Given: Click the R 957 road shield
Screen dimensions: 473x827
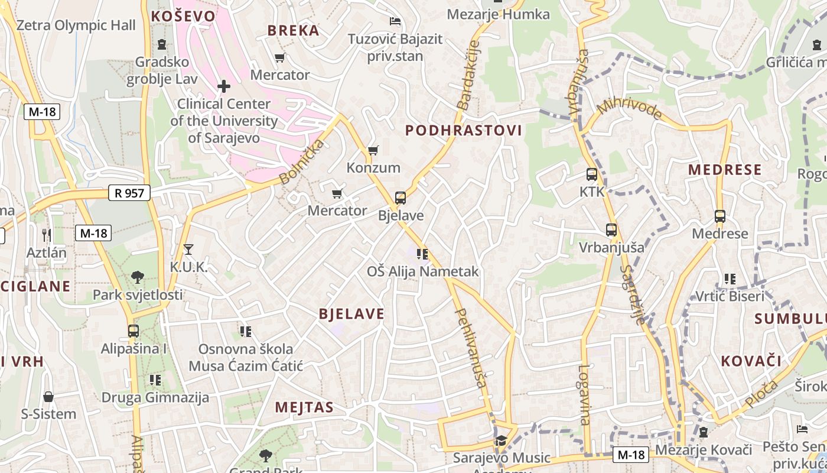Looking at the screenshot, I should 129,192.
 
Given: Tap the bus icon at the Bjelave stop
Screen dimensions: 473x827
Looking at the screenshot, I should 401,198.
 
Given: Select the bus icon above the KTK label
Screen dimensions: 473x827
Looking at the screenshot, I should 592,174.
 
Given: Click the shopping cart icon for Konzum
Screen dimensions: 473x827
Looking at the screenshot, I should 373,151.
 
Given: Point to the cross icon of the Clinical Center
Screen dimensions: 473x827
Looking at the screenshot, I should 224,87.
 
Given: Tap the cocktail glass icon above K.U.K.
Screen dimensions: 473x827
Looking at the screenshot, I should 188,250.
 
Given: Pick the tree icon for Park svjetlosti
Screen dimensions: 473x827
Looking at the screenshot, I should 138,277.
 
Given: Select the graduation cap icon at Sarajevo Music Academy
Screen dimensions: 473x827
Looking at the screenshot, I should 501,440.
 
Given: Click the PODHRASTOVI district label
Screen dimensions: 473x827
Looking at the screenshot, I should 464,131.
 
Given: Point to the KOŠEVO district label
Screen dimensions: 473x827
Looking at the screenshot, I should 183,16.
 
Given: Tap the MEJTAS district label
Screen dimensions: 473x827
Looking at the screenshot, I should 304,407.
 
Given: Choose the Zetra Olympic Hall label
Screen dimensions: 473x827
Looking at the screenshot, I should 76,25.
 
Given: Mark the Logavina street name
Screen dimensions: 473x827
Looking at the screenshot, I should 584,394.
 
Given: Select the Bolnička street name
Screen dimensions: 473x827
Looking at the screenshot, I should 302,161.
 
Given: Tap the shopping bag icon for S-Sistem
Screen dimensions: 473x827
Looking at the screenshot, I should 48,396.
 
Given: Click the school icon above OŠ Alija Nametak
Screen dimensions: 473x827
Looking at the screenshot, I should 422,254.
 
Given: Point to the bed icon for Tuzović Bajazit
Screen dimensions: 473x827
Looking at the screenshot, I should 395,22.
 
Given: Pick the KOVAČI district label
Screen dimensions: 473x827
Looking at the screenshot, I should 751,361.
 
